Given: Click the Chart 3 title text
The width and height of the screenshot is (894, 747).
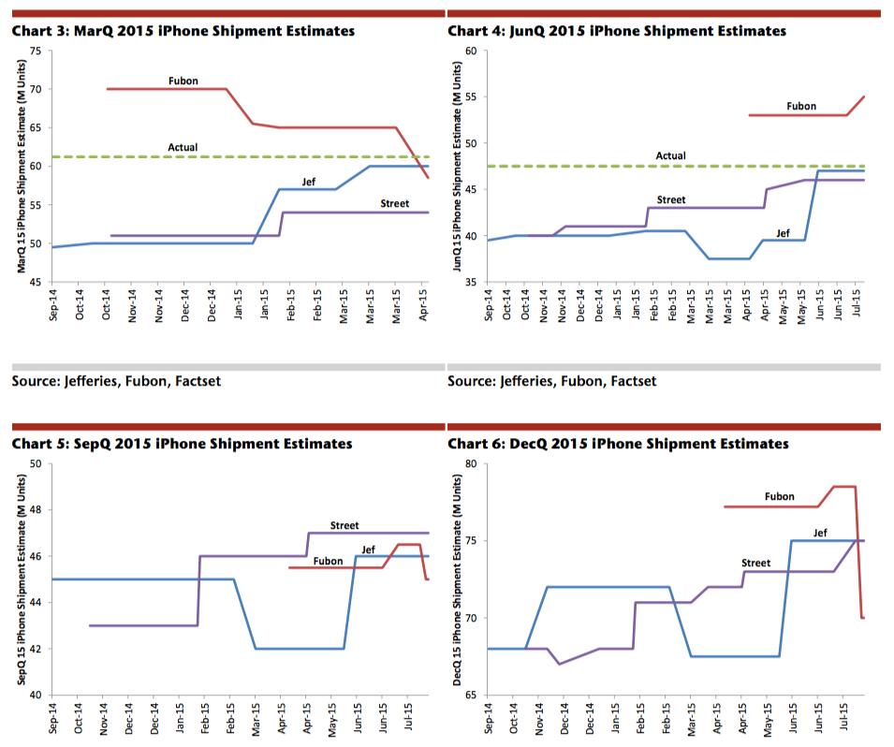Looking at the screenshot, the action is tap(183, 31).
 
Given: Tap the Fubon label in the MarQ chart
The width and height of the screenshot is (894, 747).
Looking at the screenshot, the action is tap(183, 81).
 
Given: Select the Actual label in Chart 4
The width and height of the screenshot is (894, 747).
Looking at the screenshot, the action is tap(670, 155).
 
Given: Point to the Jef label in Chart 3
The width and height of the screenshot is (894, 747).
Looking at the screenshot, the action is tap(308, 182).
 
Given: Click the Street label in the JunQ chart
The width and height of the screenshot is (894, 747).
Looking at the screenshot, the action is tap(671, 199).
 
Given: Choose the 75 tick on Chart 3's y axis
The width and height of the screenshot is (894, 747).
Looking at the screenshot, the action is tap(36, 51).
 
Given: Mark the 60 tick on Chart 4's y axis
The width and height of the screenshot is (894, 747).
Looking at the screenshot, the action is tap(471, 51).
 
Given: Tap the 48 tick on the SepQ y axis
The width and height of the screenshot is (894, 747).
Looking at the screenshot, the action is tap(36, 510).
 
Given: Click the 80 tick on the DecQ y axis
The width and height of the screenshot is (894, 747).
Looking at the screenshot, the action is tap(471, 463).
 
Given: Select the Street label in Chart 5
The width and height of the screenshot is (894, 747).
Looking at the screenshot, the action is tap(344, 525).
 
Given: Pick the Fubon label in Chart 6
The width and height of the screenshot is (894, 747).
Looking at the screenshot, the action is tap(780, 497).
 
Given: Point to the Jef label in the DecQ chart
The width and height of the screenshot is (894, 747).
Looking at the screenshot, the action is tap(820, 533).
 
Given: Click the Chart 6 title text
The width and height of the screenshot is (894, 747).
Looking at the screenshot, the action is tap(618, 444).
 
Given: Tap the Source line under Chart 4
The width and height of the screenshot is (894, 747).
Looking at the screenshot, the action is tap(552, 381).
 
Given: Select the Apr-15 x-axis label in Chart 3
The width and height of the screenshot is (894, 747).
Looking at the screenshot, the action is tap(424, 304).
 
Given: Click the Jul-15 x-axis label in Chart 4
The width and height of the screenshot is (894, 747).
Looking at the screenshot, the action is tap(857, 302).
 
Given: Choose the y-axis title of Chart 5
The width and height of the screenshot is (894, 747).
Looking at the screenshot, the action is tap(22, 579).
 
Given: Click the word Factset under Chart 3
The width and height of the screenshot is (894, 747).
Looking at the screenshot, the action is tap(198, 381).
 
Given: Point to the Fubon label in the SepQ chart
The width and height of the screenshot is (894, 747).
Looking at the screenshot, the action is tap(328, 561).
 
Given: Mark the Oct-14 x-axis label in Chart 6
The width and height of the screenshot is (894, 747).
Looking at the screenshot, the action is tap(514, 718).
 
